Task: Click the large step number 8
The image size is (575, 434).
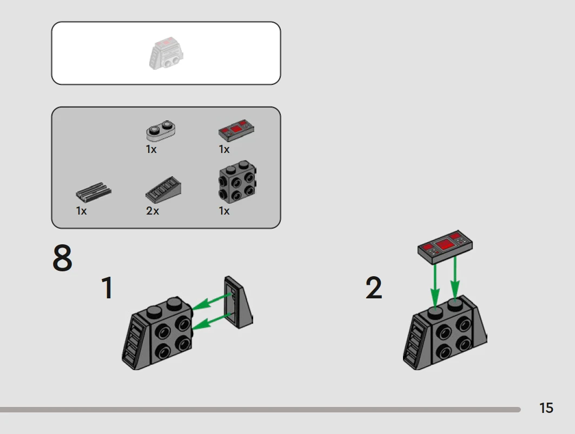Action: tap(62, 258)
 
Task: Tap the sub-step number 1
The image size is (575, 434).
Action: tap(107, 288)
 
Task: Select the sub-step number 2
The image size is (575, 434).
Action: tap(374, 288)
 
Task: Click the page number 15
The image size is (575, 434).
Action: tap(546, 408)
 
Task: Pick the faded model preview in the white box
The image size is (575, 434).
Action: tap(166, 53)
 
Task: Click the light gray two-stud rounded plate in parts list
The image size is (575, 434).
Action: tap(161, 130)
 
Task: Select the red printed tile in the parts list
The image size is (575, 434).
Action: tap(236, 130)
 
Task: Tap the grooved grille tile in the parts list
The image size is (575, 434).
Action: tap(94, 192)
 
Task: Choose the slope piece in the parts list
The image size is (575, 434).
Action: tap(163, 190)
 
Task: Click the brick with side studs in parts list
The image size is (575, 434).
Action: tap(237, 182)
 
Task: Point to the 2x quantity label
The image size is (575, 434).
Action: tap(153, 211)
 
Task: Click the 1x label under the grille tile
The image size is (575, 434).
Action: tap(82, 211)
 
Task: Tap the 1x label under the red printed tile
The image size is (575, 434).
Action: tap(224, 150)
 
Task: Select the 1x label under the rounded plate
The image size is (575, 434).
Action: tap(151, 150)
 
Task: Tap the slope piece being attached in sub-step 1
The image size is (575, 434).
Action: tap(239, 302)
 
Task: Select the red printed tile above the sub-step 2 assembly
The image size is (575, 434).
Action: tap(445, 247)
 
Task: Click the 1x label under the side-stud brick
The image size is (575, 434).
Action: tap(224, 211)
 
